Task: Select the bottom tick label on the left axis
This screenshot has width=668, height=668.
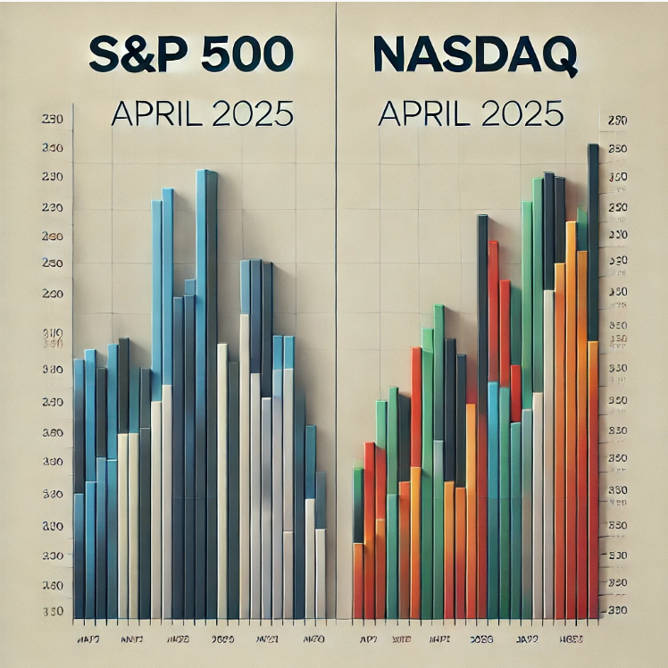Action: click(x=52, y=612)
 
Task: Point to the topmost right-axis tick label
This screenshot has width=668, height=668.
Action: click(x=617, y=121)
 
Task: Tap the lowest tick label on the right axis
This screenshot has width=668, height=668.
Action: click(x=617, y=609)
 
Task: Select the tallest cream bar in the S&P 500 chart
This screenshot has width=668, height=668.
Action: click(x=244, y=447)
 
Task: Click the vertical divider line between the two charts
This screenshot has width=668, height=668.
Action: click(x=336, y=313)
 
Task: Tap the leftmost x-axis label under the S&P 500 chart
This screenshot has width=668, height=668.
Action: click(x=87, y=639)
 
